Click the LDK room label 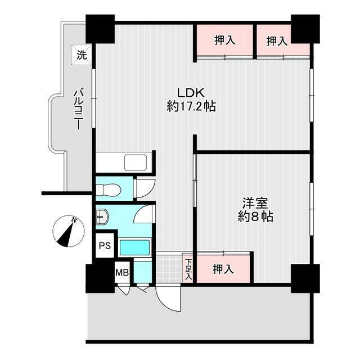point(190,93)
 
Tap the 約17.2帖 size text point(191,106)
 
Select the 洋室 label point(255,202)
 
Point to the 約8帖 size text point(255,216)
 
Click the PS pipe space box point(105,245)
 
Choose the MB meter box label point(122,272)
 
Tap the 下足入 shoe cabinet point(188,269)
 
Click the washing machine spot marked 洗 point(82,55)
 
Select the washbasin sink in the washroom point(102,217)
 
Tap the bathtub point(135,247)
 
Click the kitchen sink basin point(136,163)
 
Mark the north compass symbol point(69,231)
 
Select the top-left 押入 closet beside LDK point(225,40)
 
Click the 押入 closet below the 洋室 point(223,269)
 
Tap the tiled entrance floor point(169,269)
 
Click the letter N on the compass point(74,220)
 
